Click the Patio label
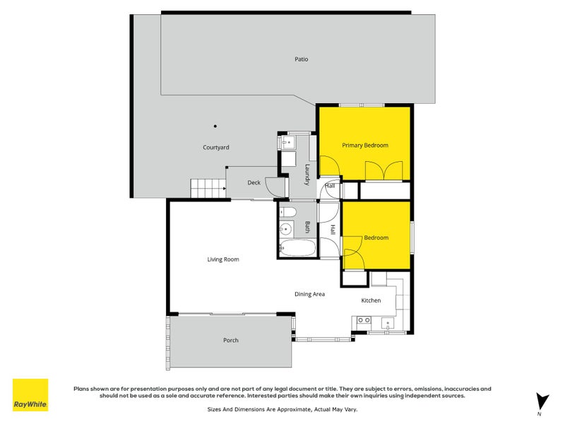click(302, 59)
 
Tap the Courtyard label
click(216, 147)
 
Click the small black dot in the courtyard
click(216, 126)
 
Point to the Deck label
click(254, 183)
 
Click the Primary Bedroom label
click(365, 146)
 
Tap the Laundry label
click(308, 175)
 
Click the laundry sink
click(288, 143)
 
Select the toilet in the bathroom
click(288, 212)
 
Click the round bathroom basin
click(287, 228)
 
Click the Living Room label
click(223, 259)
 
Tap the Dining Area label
click(309, 293)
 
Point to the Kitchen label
click(371, 300)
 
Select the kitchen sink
click(388, 324)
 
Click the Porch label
click(231, 341)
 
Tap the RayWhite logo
click(30, 395)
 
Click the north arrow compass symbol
click(542, 401)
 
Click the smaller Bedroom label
click(376, 237)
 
